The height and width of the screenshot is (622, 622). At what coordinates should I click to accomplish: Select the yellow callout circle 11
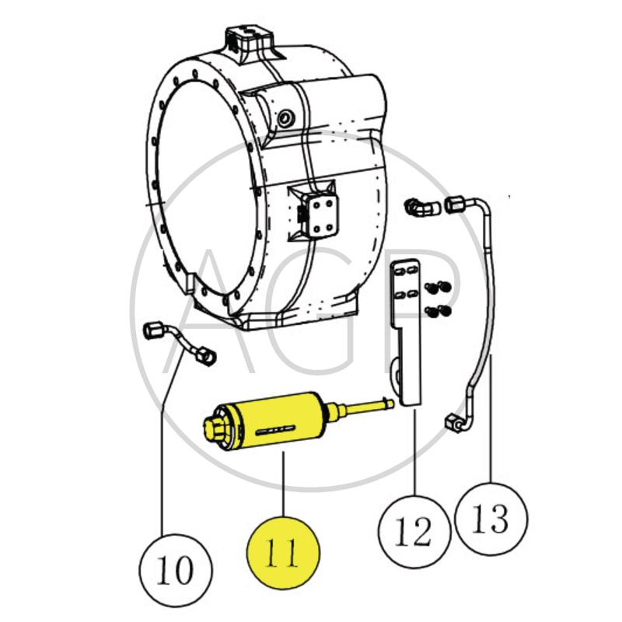pyautogui.click(x=283, y=554)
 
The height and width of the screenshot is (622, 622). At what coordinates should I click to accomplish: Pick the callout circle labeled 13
pyautogui.click(x=491, y=518)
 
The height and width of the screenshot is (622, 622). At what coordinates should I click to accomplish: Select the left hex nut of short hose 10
pyautogui.click(x=152, y=332)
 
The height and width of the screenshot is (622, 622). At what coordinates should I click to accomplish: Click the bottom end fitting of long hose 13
pyautogui.click(x=454, y=422)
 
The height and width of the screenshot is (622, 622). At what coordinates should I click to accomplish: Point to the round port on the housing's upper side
pyautogui.click(x=286, y=118)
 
